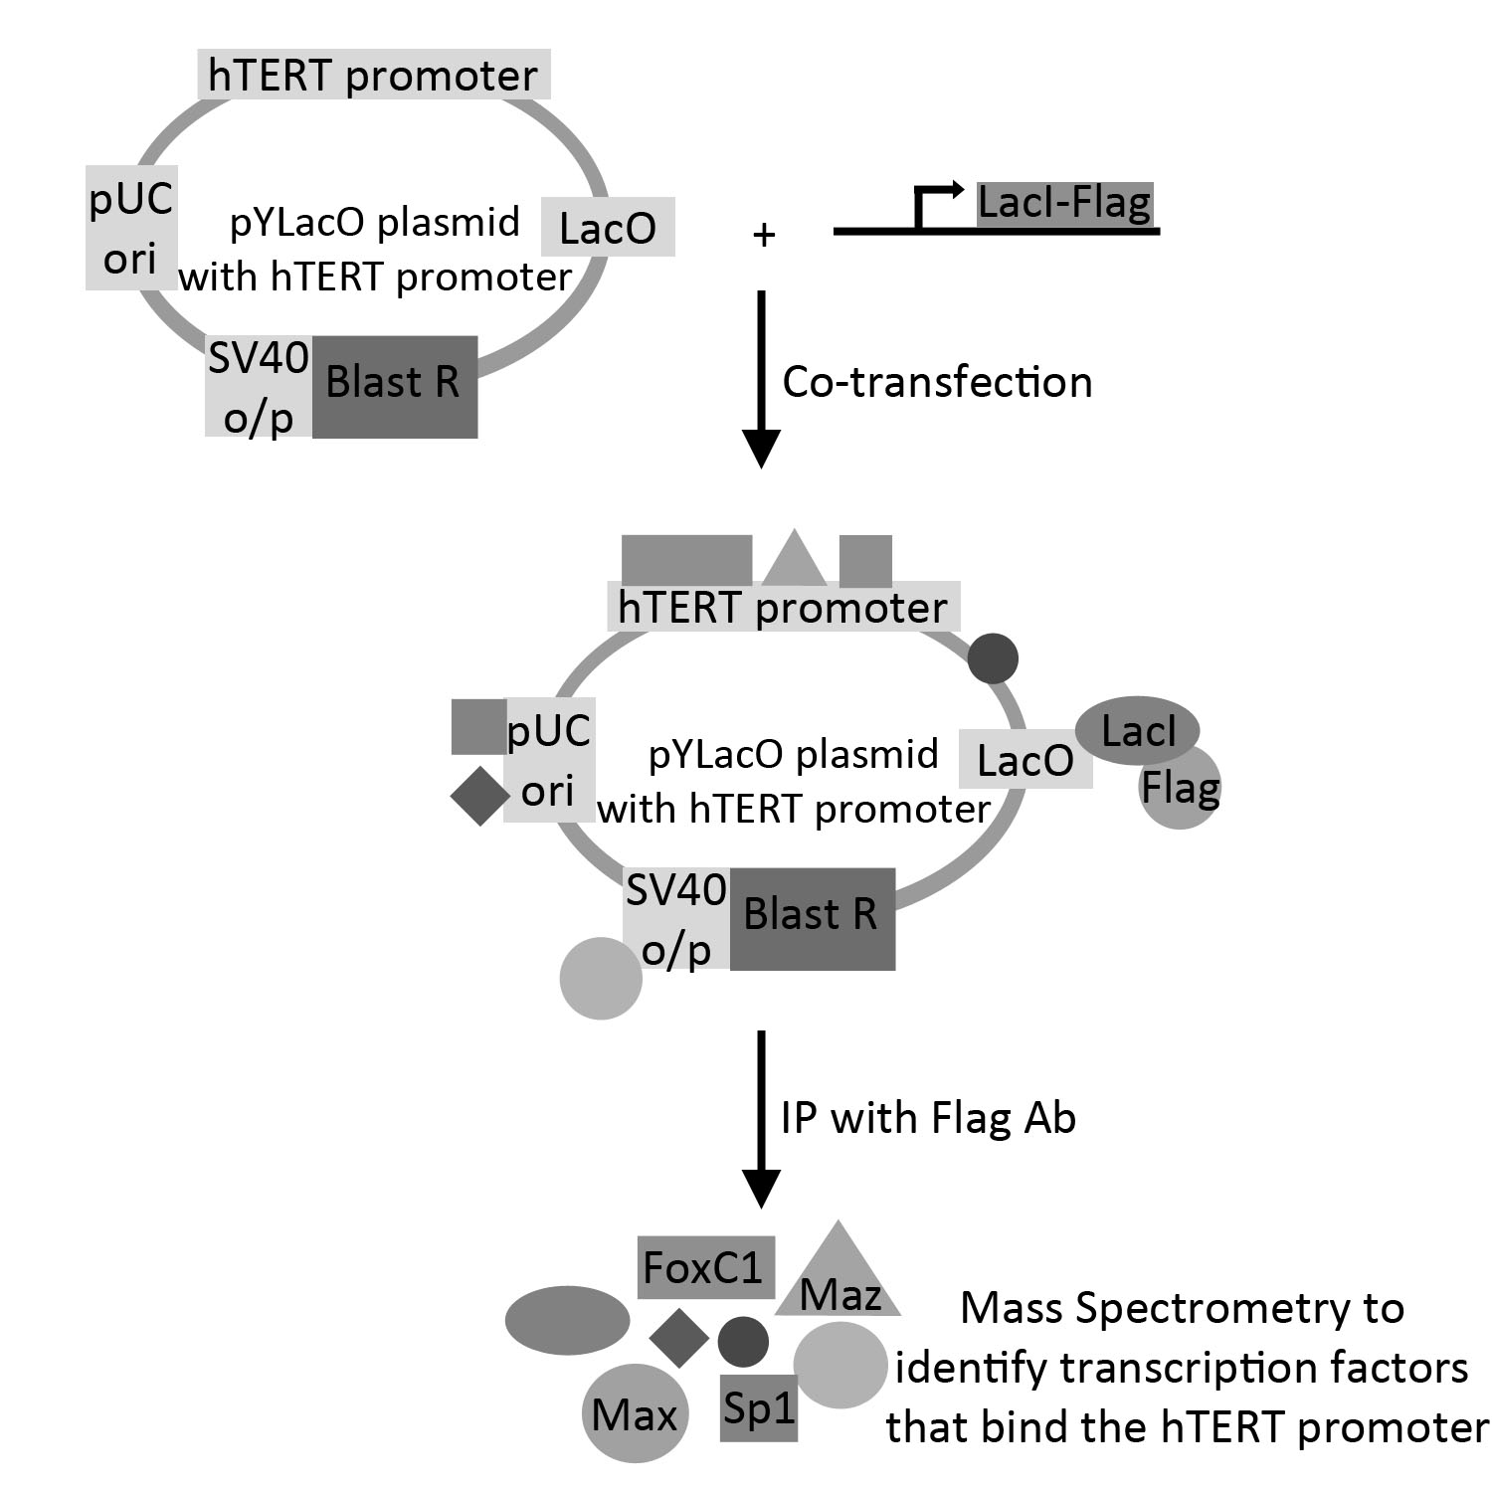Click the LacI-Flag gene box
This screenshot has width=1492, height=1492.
point(1064,204)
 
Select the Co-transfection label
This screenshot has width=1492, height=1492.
point(937,383)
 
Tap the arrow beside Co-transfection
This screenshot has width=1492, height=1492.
point(762,378)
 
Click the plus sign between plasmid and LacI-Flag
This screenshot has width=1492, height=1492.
point(764,236)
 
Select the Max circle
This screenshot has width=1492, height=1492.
point(635,1413)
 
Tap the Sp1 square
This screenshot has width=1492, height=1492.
point(759,1407)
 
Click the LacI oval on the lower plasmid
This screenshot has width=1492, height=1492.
point(1138,731)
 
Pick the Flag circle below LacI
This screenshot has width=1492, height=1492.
point(1181,791)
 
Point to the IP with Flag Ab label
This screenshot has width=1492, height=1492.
point(928,1118)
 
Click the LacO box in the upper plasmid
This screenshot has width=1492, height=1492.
point(608,227)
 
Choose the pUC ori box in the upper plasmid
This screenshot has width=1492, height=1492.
point(131,228)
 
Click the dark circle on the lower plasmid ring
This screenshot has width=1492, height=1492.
point(993,657)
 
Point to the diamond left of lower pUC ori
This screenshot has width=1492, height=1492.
point(480,796)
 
